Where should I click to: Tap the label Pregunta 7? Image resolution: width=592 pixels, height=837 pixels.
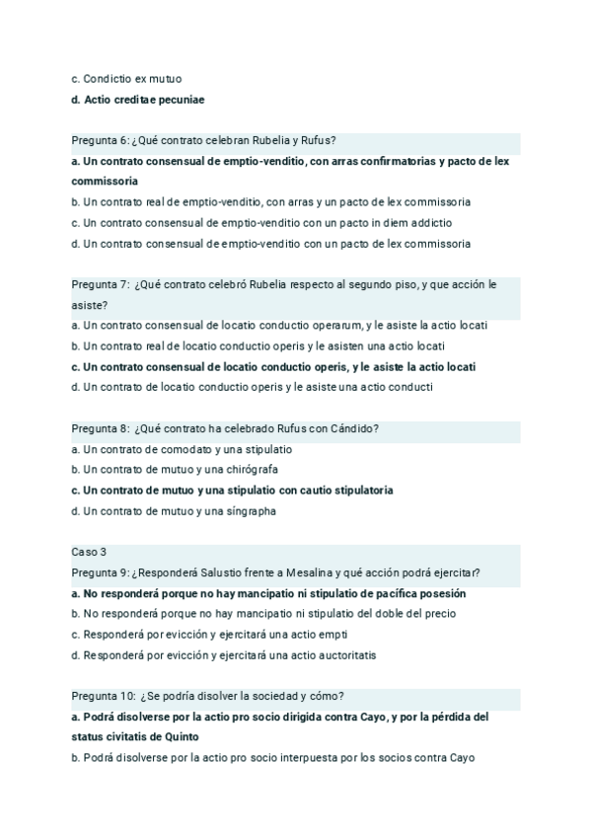point(100,284)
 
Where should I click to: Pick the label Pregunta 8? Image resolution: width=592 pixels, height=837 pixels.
point(100,428)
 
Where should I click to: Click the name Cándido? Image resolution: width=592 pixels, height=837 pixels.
point(351,428)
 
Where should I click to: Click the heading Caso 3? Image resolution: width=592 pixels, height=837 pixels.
point(89,552)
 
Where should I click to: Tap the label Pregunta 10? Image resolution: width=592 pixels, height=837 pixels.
point(103,696)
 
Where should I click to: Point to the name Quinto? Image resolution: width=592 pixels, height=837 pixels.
point(181,736)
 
